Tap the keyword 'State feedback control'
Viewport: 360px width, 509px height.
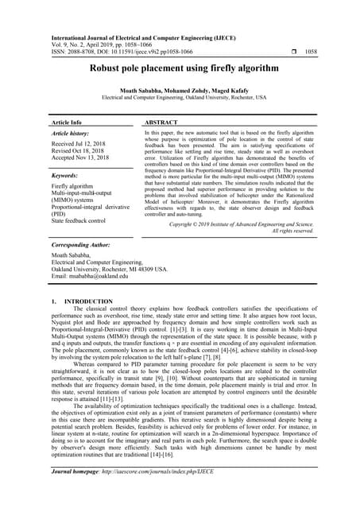click(79, 220)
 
